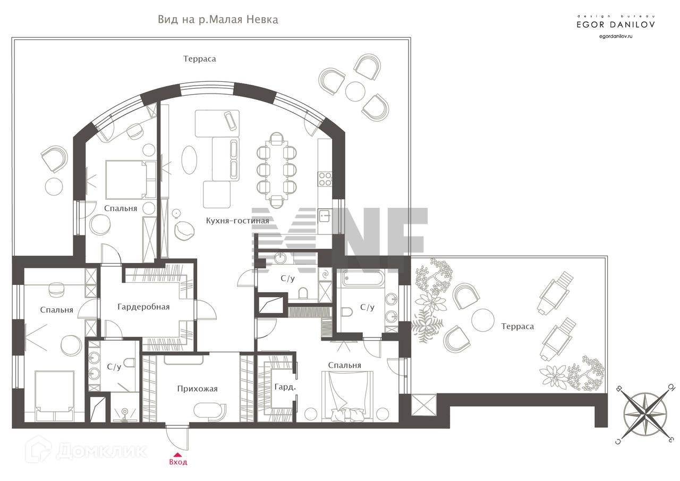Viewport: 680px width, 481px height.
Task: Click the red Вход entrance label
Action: click(x=178, y=462)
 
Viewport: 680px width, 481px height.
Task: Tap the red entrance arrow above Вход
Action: click(x=177, y=454)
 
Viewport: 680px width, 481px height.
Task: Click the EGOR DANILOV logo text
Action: click(x=616, y=24)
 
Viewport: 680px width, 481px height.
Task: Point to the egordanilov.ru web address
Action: click(x=616, y=37)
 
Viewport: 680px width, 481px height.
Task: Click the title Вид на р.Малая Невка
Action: click(x=218, y=20)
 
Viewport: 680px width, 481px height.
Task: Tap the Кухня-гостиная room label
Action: click(x=237, y=221)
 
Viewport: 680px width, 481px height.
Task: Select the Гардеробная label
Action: click(x=143, y=307)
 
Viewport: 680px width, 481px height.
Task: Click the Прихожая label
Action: click(x=197, y=389)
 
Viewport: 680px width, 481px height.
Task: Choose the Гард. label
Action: click(x=285, y=387)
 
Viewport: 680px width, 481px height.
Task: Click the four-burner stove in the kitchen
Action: click(x=325, y=179)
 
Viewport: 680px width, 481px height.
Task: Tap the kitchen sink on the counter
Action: click(x=324, y=215)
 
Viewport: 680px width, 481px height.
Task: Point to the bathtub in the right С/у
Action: click(x=363, y=277)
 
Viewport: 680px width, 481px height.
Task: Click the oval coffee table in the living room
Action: click(x=189, y=160)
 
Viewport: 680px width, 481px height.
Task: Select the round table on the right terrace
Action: click(x=483, y=320)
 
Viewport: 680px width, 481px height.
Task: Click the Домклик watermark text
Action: click(x=101, y=451)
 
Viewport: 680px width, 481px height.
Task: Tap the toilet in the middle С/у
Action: click(x=303, y=293)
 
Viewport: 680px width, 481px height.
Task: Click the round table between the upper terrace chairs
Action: click(x=355, y=91)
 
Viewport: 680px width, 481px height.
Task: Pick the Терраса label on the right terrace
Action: click(x=517, y=326)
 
